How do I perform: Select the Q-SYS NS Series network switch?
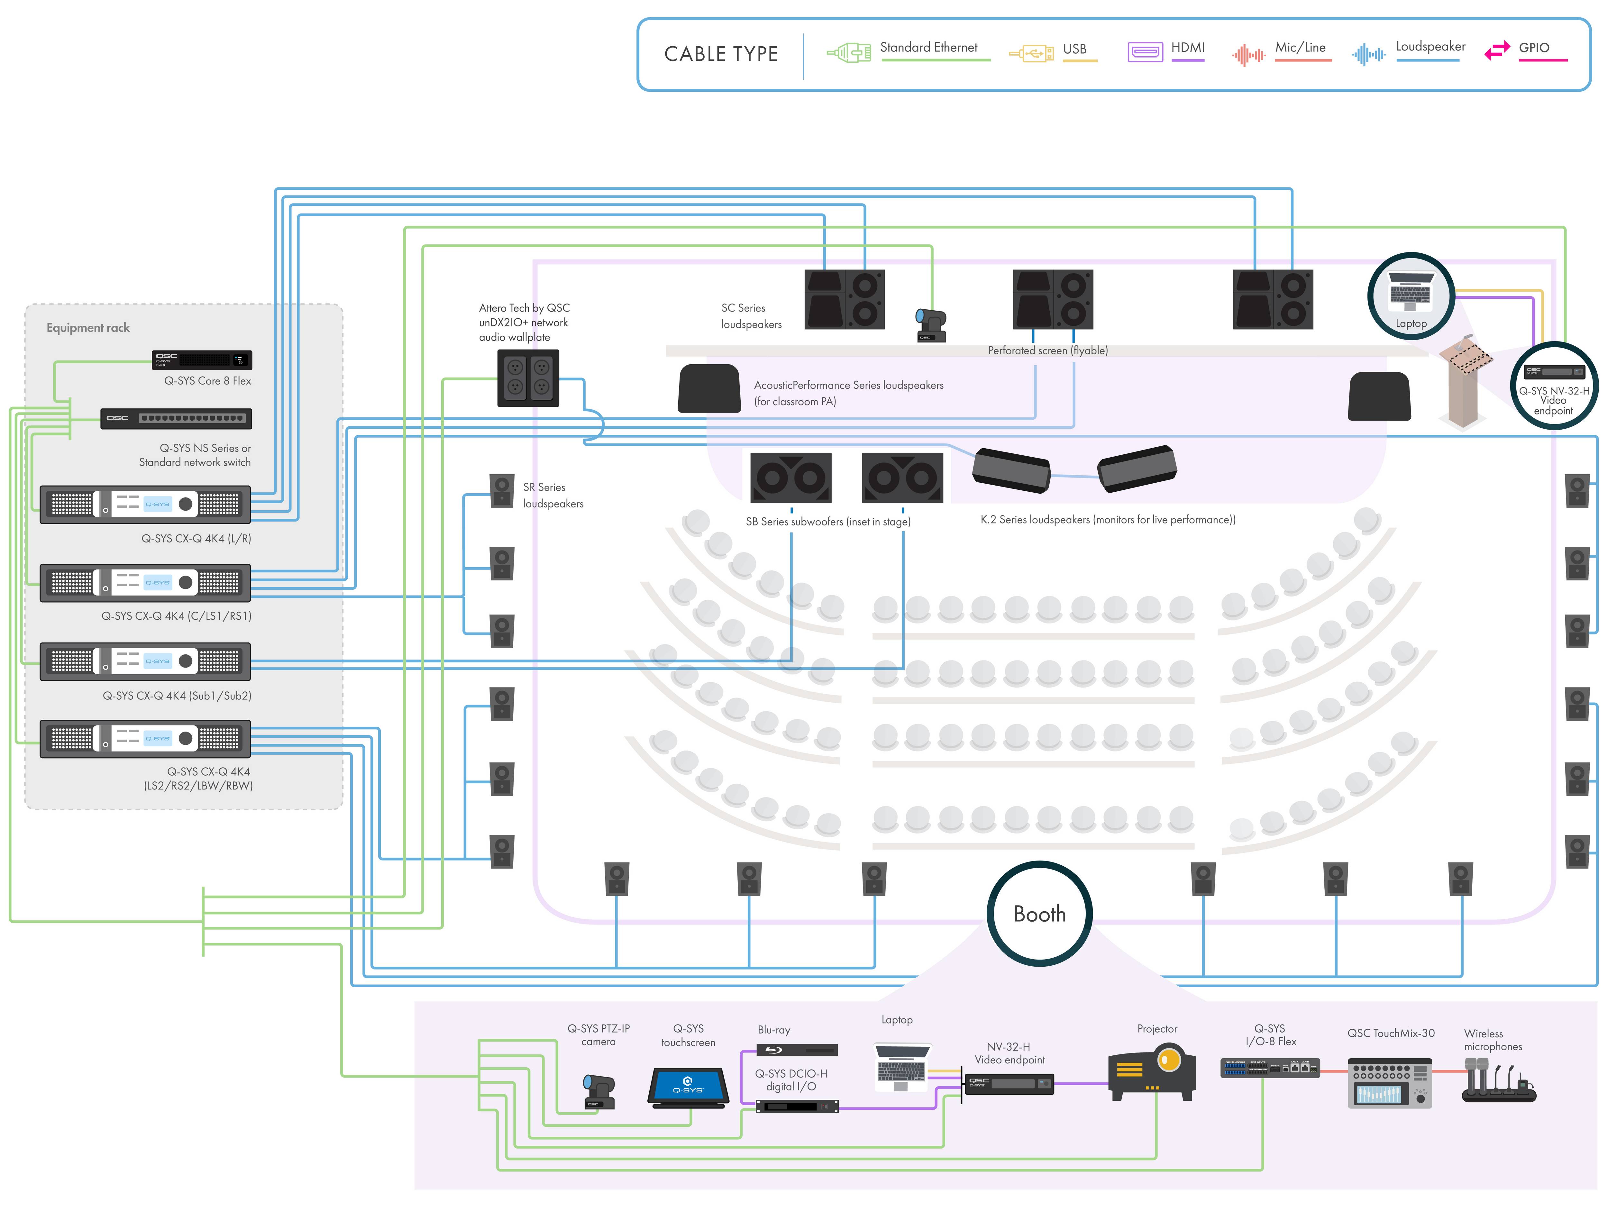click(x=176, y=418)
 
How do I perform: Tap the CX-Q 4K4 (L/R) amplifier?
click(x=145, y=504)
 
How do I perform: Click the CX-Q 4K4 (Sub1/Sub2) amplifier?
click(x=145, y=661)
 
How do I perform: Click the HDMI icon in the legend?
click(x=1145, y=52)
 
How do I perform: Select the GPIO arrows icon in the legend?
click(x=1497, y=51)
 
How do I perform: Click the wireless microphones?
click(x=1497, y=1080)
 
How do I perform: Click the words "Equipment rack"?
click(x=88, y=328)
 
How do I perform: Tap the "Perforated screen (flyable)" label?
click(x=1047, y=351)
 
